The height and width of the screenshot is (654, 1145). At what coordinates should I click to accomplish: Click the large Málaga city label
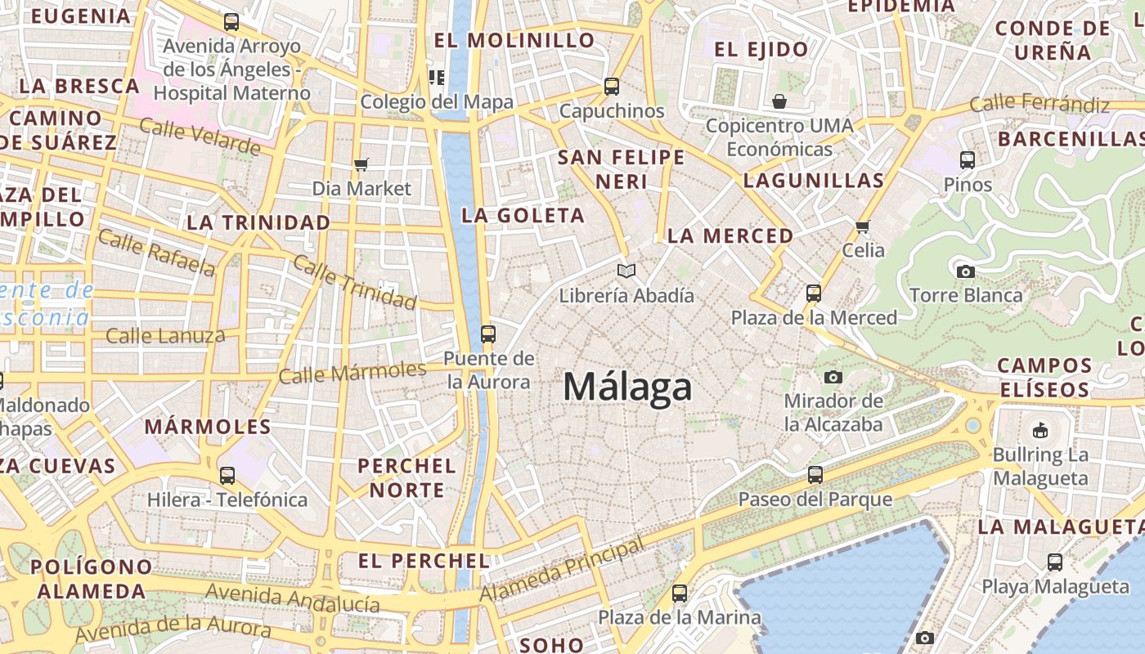coord(627,387)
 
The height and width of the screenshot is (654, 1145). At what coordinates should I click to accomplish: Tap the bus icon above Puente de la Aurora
coord(488,334)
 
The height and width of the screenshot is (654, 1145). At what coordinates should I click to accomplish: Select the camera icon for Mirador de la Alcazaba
coord(833,377)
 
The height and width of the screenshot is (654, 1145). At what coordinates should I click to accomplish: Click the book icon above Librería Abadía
coord(626,271)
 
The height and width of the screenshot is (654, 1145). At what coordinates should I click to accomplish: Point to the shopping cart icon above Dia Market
coord(361,164)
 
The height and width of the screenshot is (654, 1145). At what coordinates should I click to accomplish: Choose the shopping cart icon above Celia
coord(863,226)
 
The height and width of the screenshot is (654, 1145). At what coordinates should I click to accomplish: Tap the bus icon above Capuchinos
coord(612,86)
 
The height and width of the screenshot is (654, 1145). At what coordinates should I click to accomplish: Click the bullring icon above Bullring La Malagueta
coord(1040,430)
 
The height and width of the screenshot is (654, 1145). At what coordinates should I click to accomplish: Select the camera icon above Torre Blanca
coord(966,271)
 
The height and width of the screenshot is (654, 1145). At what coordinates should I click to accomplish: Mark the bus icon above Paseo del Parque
coord(815,474)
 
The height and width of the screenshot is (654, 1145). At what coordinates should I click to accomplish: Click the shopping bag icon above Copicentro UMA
coord(779,101)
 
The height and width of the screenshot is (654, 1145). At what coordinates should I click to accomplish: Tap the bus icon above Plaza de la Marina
coord(680,593)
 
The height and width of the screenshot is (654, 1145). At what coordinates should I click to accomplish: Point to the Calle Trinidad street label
coord(354,282)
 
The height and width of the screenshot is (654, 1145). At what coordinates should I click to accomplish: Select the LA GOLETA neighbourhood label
coord(523,216)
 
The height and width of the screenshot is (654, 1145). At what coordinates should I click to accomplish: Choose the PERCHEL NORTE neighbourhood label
coord(406,477)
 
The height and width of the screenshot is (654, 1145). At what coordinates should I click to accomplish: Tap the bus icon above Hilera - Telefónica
coord(227,475)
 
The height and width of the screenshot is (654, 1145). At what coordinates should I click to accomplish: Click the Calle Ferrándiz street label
coord(1039,104)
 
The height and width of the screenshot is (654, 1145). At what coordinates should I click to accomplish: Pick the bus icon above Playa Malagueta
coord(1055,562)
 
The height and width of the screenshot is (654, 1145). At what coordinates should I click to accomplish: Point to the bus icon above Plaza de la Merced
coord(813,293)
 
